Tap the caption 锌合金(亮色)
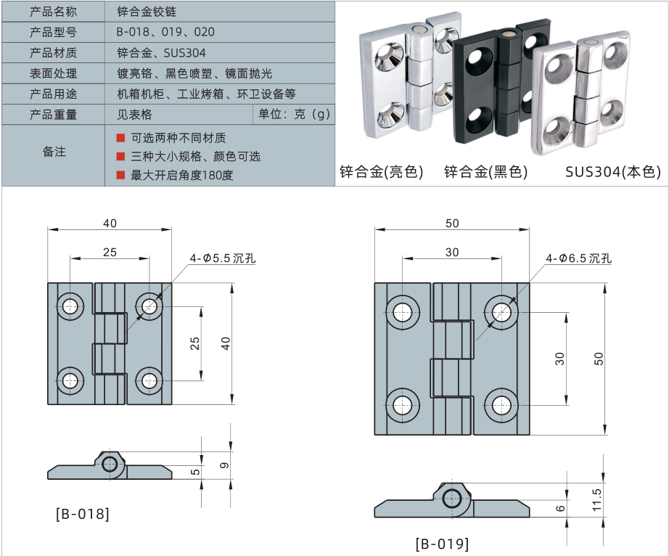pyautogui.click(x=381, y=172)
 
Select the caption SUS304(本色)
pyautogui.click(x=613, y=172)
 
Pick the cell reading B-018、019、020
pyautogui.click(x=165, y=33)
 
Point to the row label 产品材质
pyautogui.click(x=53, y=53)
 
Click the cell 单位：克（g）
pyautogui.click(x=294, y=114)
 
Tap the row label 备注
pyautogui.click(x=53, y=152)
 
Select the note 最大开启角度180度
pyautogui.click(x=182, y=175)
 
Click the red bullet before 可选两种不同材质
pyautogui.click(x=121, y=138)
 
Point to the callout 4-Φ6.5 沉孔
pyautogui.click(x=580, y=258)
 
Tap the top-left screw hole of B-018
pyautogui.click(x=70, y=306)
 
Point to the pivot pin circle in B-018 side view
pyautogui.click(x=110, y=464)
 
